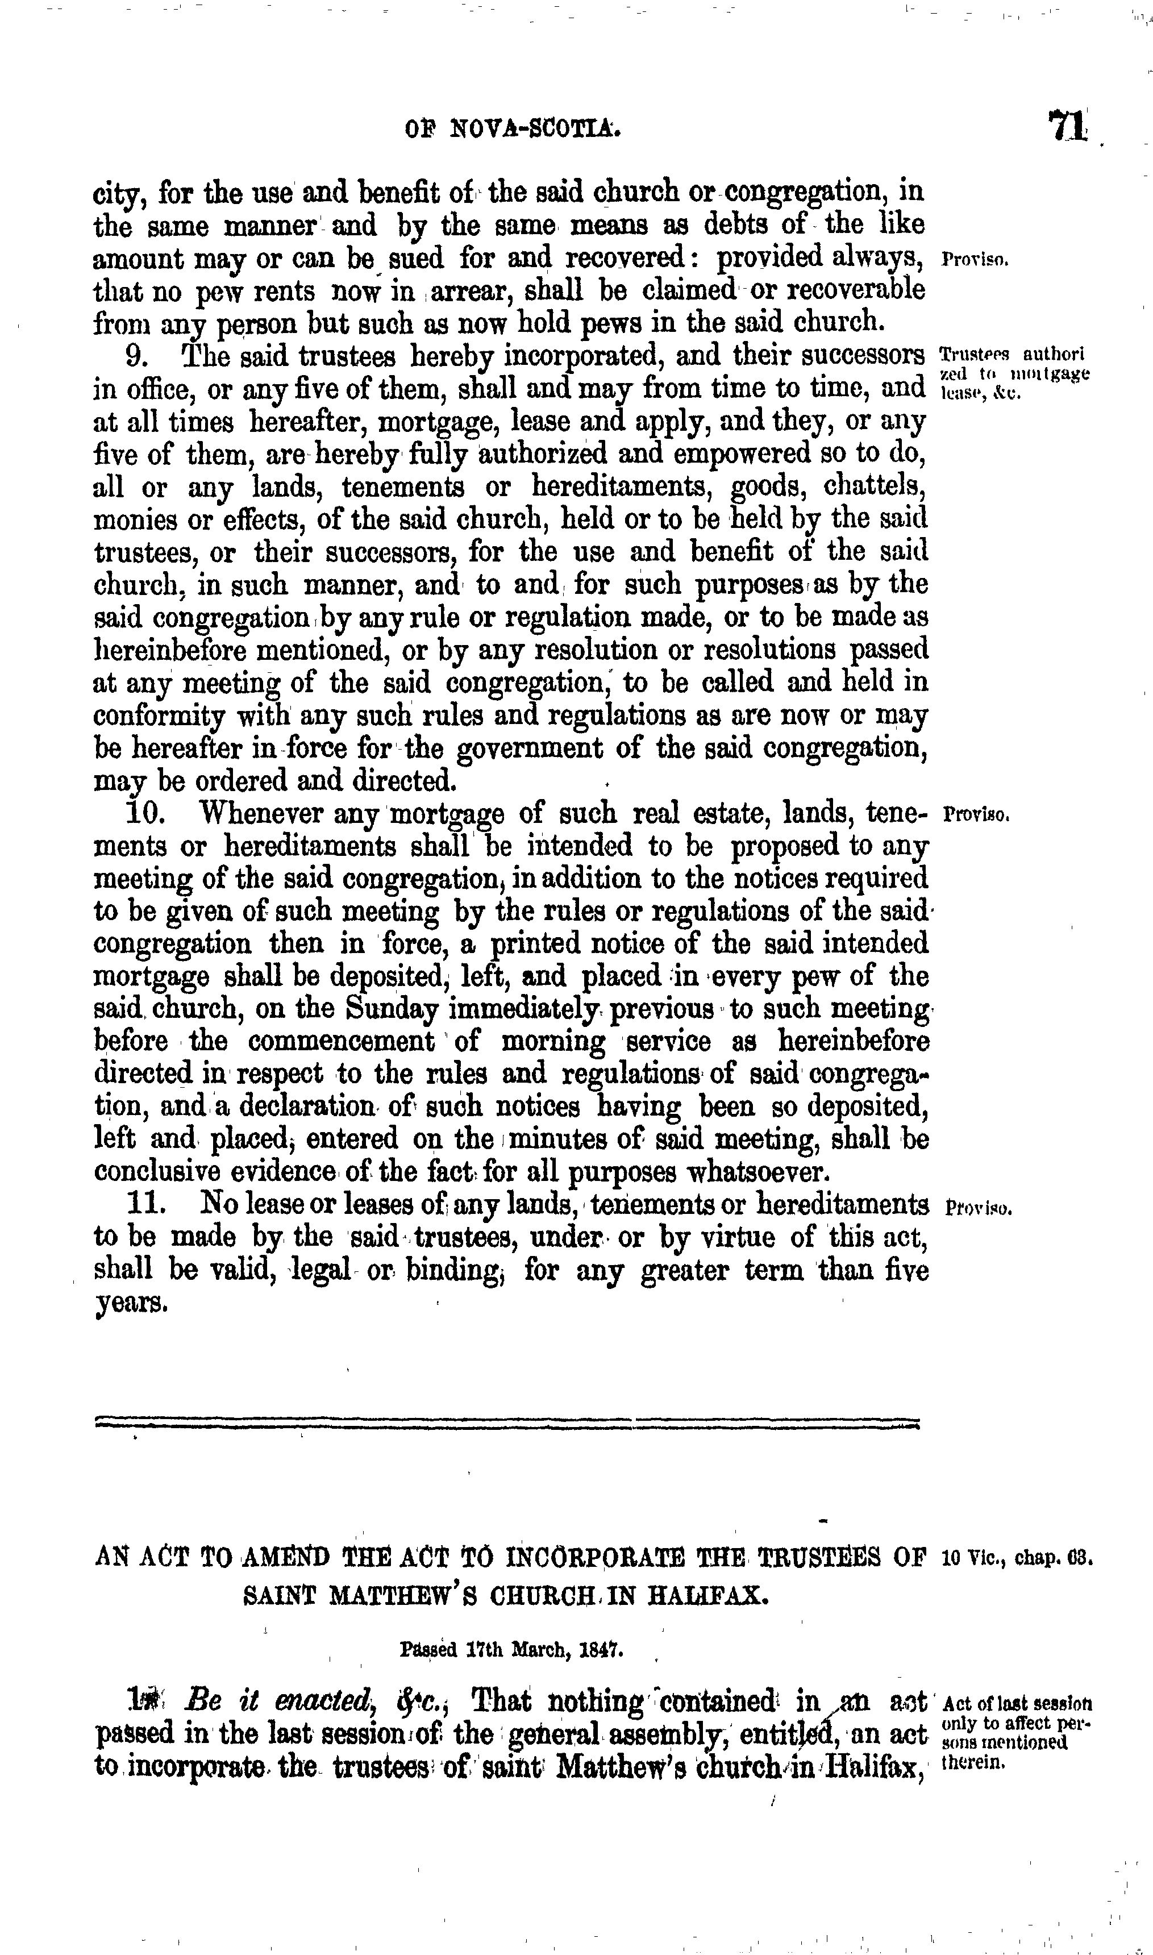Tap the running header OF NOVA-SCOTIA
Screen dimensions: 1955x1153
point(513,128)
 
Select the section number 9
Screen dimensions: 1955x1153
point(138,357)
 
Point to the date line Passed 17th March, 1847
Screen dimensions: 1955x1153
point(513,1646)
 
